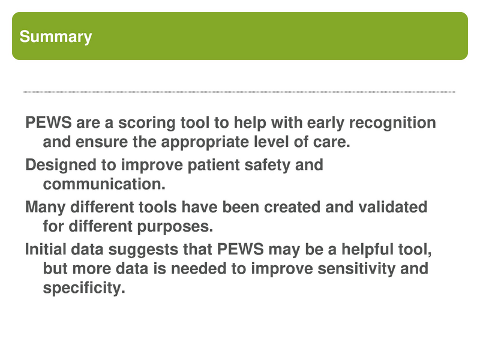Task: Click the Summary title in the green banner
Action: click(x=56, y=37)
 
